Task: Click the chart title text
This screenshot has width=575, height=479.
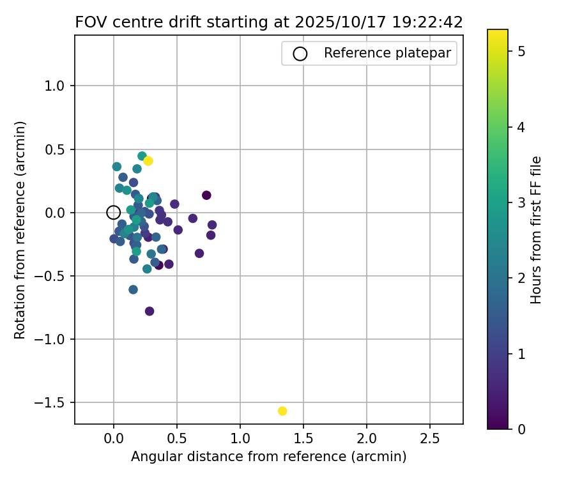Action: tap(268, 22)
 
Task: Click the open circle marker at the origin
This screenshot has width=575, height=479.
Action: tap(113, 213)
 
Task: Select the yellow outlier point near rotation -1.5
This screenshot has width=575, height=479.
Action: tap(282, 411)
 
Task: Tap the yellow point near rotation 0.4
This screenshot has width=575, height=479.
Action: tap(148, 161)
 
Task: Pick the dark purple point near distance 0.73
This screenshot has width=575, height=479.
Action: tap(206, 195)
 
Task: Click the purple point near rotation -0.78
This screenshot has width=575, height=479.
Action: tap(149, 311)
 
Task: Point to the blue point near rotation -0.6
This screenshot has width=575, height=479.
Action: tap(133, 289)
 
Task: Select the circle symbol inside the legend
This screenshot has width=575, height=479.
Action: tap(300, 54)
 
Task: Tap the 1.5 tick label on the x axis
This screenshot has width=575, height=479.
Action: tap(303, 439)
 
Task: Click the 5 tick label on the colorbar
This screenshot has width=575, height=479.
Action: tap(521, 52)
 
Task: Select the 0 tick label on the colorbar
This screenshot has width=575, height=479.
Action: tap(521, 429)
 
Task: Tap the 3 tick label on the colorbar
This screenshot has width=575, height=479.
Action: tap(521, 203)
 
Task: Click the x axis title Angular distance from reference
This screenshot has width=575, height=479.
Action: tap(268, 457)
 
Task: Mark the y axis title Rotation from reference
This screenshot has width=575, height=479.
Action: tap(20, 229)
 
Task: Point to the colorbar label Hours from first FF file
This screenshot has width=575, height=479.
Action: tap(537, 229)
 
